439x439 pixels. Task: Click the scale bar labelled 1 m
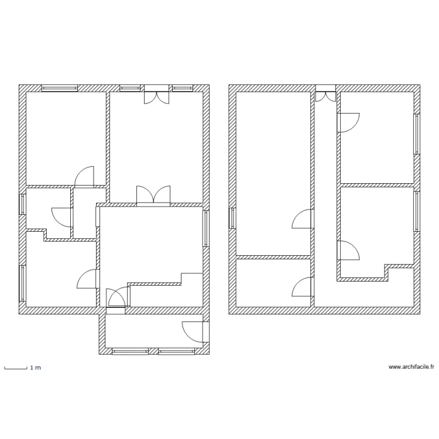click(x=16, y=368)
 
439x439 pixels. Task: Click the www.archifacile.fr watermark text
click(x=411, y=367)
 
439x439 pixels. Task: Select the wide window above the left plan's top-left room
click(x=60, y=88)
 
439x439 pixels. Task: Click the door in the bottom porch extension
click(x=196, y=332)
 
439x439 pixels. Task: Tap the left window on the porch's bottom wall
click(x=129, y=352)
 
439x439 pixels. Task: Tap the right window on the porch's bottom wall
click(x=177, y=352)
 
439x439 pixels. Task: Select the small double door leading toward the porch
click(x=115, y=297)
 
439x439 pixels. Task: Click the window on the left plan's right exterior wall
click(x=206, y=228)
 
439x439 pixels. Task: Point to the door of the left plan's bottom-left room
click(x=88, y=279)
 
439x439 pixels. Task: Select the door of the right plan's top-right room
click(x=348, y=122)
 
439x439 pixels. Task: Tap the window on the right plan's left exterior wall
click(x=232, y=218)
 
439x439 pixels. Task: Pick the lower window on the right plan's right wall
click(x=417, y=211)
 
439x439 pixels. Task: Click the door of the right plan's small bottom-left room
click(x=302, y=287)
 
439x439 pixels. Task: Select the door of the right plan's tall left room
click(x=302, y=219)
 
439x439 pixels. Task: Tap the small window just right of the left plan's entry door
click(x=183, y=88)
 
